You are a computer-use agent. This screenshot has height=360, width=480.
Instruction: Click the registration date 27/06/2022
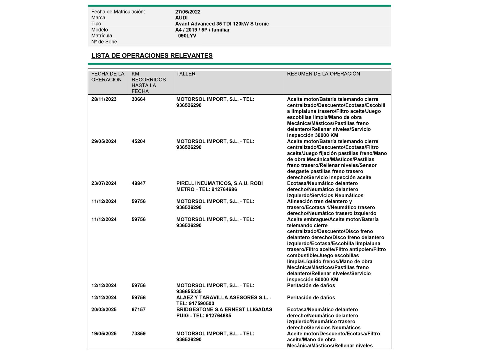(188, 12)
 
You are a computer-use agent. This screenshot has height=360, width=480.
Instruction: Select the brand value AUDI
(181, 18)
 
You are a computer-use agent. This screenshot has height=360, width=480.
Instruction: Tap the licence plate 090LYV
(187, 36)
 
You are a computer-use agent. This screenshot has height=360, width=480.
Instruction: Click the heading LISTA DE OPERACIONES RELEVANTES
(152, 55)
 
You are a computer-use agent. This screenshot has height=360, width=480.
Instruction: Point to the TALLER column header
(186, 74)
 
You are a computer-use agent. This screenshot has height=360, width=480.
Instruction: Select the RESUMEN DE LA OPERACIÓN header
(323, 74)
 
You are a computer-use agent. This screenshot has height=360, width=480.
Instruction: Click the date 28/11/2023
(104, 99)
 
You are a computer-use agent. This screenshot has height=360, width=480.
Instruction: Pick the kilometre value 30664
(139, 99)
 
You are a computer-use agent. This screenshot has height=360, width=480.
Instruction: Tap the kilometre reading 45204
(139, 141)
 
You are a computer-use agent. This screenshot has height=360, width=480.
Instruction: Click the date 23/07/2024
(104, 183)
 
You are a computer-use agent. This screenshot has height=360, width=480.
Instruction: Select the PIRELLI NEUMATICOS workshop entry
(219, 186)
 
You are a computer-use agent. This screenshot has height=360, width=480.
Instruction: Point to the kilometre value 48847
(139, 183)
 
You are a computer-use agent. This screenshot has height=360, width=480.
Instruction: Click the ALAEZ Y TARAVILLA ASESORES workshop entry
(223, 300)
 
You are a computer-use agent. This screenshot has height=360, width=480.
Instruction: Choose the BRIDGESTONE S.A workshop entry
(224, 312)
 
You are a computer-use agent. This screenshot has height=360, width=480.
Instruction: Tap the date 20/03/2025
(104, 310)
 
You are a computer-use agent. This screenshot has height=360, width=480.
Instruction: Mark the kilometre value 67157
(139, 310)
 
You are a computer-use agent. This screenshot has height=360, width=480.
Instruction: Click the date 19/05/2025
(104, 334)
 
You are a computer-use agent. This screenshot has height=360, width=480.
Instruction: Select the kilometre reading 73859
(139, 334)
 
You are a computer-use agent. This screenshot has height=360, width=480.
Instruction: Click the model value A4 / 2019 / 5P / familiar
(202, 30)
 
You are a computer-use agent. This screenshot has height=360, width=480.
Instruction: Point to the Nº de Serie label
(104, 42)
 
